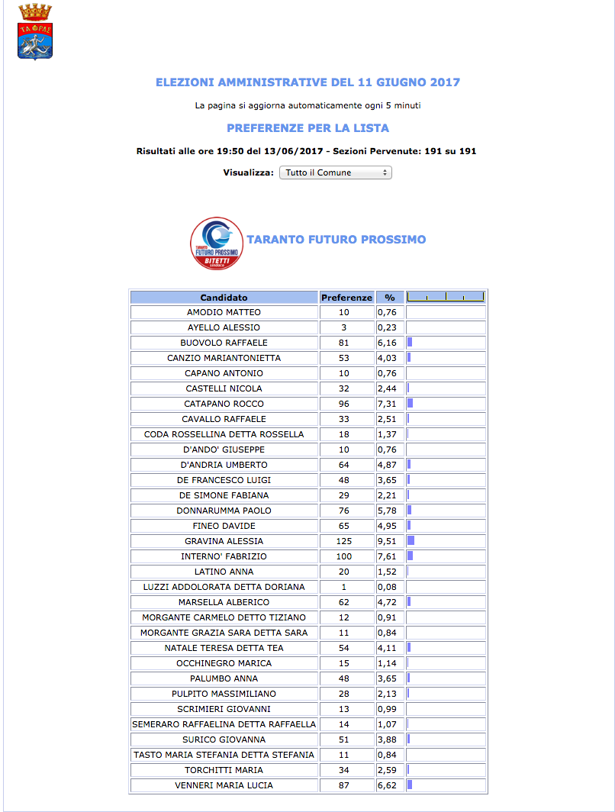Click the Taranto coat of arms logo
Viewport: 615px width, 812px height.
point(35,31)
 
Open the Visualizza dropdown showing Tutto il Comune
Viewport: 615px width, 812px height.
point(335,172)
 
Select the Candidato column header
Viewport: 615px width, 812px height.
point(224,298)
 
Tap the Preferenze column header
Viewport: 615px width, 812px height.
point(346,298)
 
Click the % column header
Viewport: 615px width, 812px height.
point(389,298)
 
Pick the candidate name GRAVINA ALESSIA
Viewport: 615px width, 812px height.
point(224,541)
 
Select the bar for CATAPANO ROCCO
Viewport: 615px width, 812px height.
point(411,404)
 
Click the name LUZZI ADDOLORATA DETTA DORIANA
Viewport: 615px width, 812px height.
point(224,587)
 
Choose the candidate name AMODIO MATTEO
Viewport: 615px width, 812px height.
point(224,312)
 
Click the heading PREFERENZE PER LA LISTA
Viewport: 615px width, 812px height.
point(307,128)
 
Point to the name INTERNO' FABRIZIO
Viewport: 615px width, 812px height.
point(224,556)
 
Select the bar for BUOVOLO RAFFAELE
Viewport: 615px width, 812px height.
point(410,343)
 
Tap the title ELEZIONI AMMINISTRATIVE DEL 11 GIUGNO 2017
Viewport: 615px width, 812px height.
point(307,82)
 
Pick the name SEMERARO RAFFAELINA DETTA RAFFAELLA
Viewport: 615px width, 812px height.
point(224,724)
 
